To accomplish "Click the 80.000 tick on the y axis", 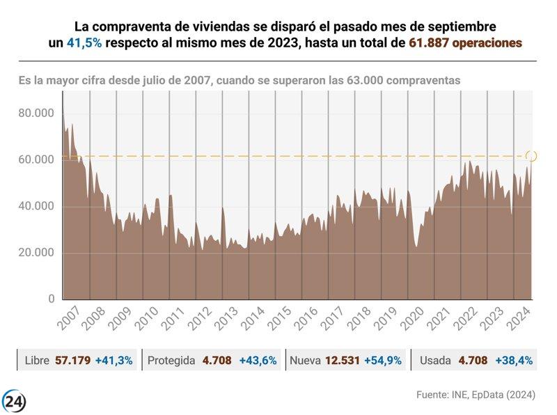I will click(x=36, y=113).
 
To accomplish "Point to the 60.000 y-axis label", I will click(x=36, y=160).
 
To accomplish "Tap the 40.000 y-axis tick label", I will click(x=36, y=206).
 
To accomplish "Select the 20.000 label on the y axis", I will click(x=36, y=252).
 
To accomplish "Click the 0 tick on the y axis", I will click(x=52, y=299).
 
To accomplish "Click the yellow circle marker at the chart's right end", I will click(x=531, y=156).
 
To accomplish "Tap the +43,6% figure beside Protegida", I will click(x=258, y=361).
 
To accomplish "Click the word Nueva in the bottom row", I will click(x=305, y=361).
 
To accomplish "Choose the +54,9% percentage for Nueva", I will click(x=385, y=361).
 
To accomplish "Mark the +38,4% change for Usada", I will click(x=514, y=361).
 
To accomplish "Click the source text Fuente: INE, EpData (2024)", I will click(x=476, y=395).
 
